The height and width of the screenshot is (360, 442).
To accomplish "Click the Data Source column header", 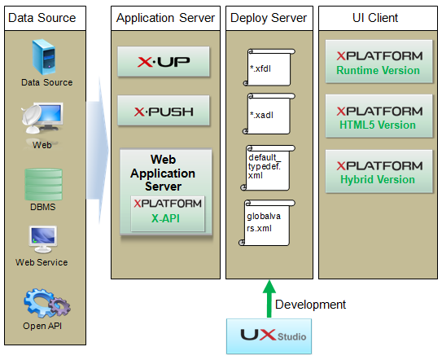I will (42, 17).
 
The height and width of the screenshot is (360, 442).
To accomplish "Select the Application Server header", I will (165, 17).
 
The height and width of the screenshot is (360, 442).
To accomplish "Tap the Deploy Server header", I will (269, 17).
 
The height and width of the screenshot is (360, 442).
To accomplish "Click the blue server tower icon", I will (46, 57).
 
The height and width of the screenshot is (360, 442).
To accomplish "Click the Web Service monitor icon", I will (42, 239).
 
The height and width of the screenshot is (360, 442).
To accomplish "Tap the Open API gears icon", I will (46, 303).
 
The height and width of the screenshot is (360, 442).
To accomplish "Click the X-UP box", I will (164, 61).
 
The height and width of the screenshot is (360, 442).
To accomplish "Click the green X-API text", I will (165, 218).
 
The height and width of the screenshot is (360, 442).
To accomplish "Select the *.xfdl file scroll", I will (269, 67).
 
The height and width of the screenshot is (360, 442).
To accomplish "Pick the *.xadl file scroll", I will (269, 116).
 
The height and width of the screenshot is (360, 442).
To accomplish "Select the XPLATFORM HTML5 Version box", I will (379, 116).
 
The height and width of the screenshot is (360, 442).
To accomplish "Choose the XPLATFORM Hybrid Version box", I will (379, 171).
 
